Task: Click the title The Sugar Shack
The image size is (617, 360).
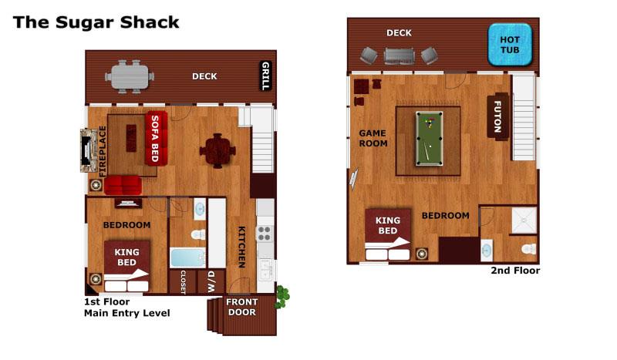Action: tap(96, 22)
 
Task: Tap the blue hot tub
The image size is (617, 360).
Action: tap(509, 44)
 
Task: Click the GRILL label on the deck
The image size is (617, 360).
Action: tap(265, 76)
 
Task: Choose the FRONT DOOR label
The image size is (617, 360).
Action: tap(241, 307)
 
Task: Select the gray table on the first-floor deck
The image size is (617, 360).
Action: tap(130, 76)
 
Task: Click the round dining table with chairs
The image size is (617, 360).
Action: tap(218, 150)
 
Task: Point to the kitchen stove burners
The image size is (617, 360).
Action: tap(265, 234)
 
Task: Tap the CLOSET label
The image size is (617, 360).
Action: tap(183, 281)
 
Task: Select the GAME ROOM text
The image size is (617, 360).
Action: tap(373, 138)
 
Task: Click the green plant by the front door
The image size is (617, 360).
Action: tap(283, 296)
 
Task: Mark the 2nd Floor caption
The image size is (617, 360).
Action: tap(515, 271)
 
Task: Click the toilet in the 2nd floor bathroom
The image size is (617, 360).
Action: tap(528, 248)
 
